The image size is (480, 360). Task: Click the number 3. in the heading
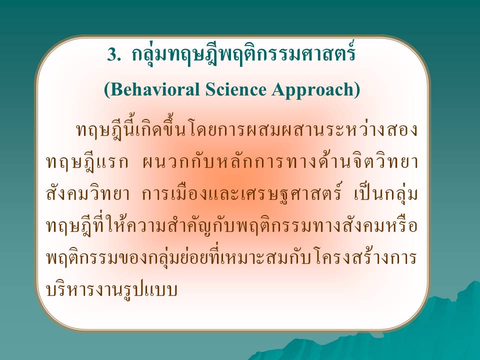tap(113, 55)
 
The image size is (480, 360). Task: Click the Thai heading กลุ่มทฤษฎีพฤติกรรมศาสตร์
tap(243, 54)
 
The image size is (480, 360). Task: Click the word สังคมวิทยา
tap(88, 194)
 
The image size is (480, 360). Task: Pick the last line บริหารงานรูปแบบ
tap(112, 290)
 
